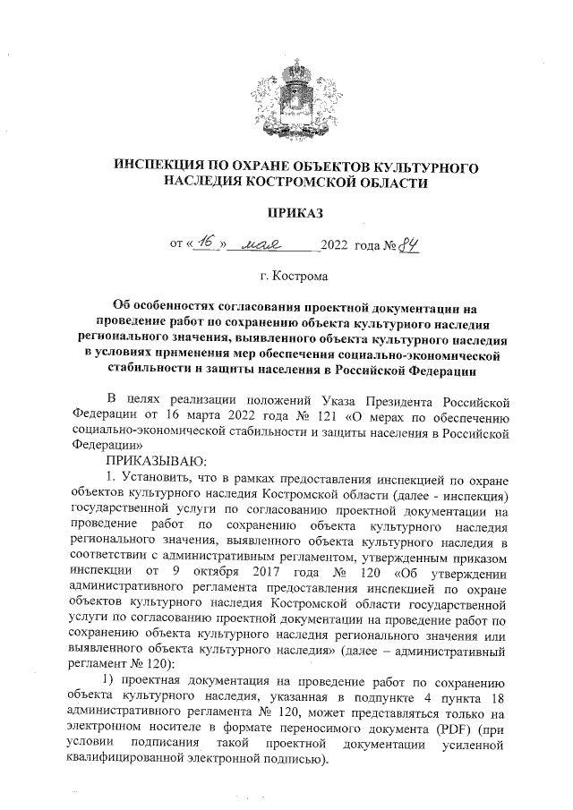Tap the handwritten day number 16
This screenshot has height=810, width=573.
click(210, 242)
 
